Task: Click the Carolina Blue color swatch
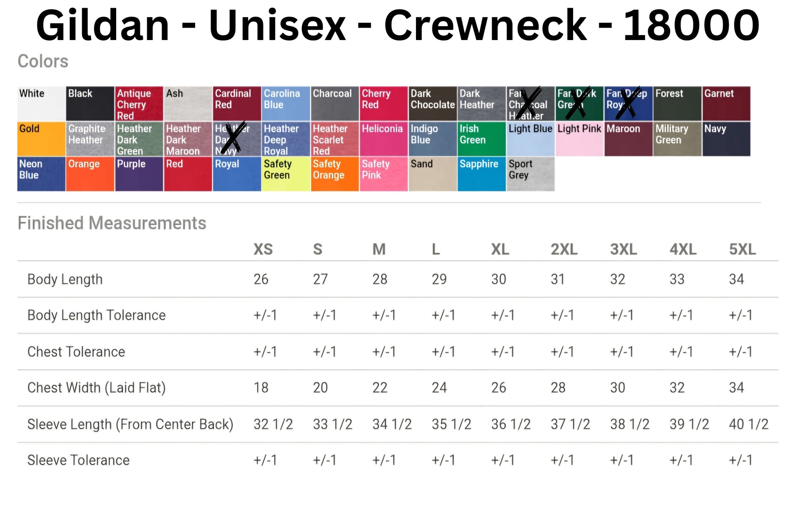click(286, 103)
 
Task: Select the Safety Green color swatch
click(286, 174)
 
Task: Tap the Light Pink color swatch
click(579, 139)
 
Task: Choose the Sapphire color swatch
click(481, 174)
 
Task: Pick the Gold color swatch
click(41, 139)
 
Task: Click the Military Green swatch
click(677, 139)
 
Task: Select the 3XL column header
click(623, 249)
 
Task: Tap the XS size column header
click(263, 249)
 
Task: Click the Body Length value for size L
click(439, 279)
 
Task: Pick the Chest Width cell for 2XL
click(558, 387)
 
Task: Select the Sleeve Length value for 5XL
click(748, 424)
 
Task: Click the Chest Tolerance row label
click(76, 352)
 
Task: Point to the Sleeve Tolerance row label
click(79, 460)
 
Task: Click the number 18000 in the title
click(691, 25)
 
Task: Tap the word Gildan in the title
click(103, 25)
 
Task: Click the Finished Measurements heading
click(112, 223)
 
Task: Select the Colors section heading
click(43, 61)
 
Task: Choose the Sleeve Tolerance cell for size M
click(384, 460)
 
